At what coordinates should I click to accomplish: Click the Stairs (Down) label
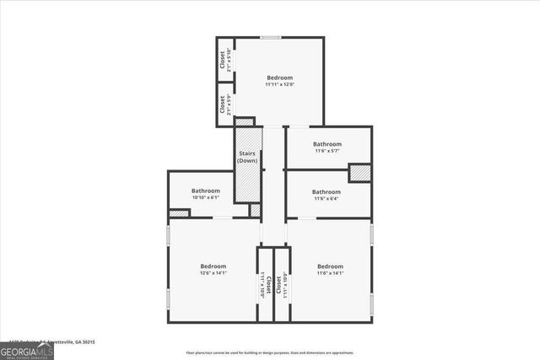click(246, 157)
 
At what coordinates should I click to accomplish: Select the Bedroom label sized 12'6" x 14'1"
click(213, 270)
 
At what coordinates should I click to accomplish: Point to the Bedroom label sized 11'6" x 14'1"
click(330, 270)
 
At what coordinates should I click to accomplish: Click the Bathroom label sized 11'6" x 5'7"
click(327, 147)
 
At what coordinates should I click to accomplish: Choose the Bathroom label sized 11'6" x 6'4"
click(327, 195)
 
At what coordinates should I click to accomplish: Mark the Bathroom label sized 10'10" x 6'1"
click(205, 194)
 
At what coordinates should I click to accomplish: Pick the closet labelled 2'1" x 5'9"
click(224, 105)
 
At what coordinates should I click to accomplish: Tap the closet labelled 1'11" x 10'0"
click(282, 285)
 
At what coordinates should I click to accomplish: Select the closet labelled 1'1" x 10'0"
click(265, 285)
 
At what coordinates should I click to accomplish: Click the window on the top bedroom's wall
click(271, 37)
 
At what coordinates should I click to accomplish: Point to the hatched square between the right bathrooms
click(359, 172)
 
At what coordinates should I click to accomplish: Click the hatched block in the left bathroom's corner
click(179, 213)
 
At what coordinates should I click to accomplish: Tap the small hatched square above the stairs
click(244, 121)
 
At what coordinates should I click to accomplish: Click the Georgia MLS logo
click(27, 349)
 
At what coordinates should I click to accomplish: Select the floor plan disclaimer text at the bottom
click(270, 352)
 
